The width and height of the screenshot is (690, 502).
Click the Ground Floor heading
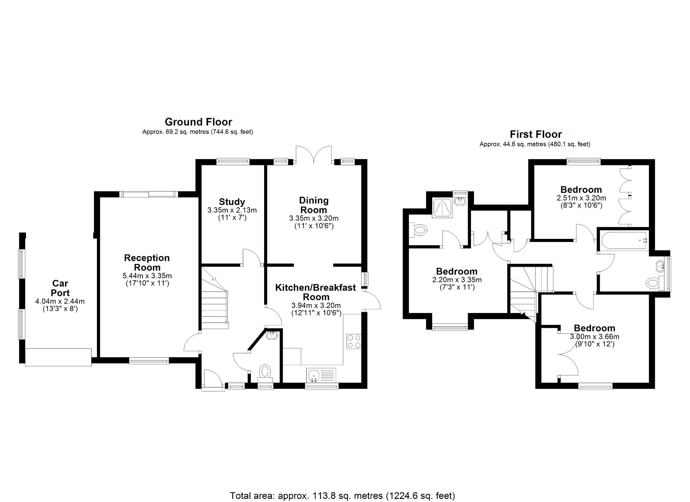point(198,122)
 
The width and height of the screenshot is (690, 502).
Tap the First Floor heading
point(535,134)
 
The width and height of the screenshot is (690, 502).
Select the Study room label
point(232,202)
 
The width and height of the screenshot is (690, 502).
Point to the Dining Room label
point(314,205)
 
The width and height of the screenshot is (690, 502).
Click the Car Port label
point(60,288)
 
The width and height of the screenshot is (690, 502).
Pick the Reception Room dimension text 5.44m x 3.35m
point(147,276)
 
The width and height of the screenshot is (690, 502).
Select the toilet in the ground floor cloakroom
point(265,372)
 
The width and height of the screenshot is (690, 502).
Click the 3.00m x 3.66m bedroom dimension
point(594,337)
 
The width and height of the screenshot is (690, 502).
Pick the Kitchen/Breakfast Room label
point(316,292)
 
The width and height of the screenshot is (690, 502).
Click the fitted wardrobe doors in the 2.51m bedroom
point(626,196)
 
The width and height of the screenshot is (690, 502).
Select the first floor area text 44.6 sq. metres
point(535,144)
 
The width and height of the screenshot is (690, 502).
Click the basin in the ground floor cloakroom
point(272,335)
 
